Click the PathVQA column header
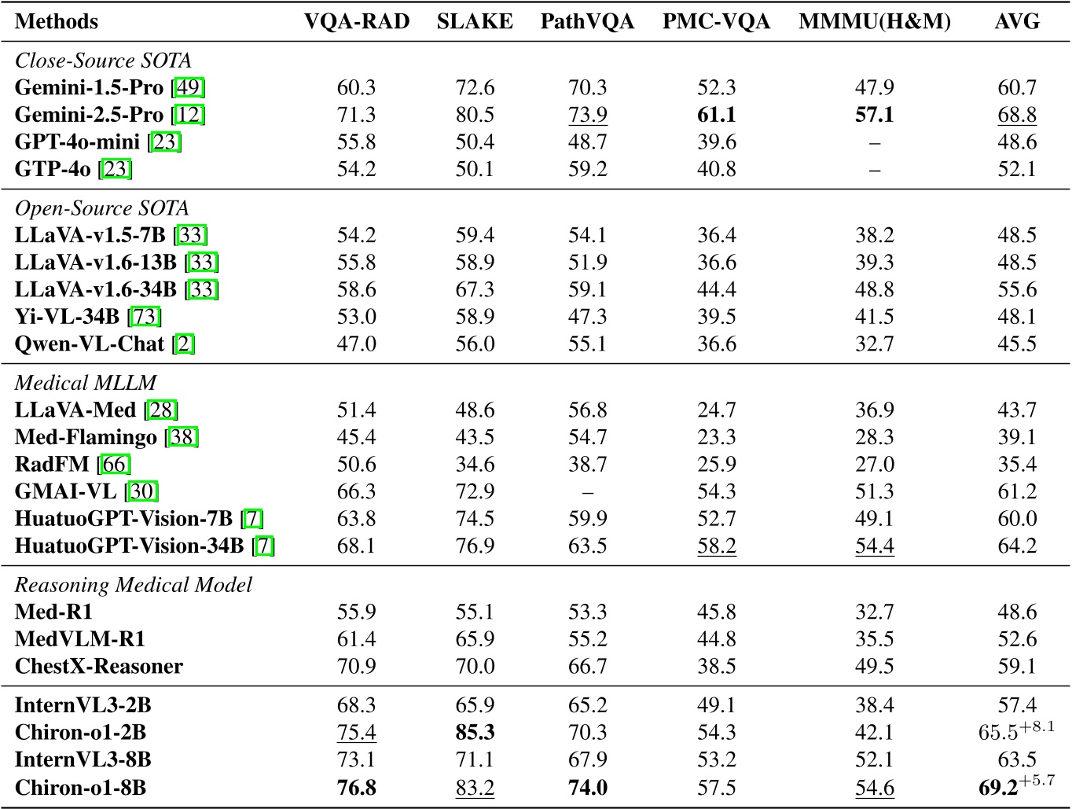[x=587, y=21]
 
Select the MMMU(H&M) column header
[x=875, y=21]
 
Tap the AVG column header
[x=1017, y=21]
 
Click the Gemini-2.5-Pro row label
[x=89, y=115]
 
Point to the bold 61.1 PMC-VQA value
[x=717, y=115]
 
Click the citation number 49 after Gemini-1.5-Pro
[x=189, y=87]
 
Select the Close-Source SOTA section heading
[x=103, y=61]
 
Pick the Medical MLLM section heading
[x=86, y=383]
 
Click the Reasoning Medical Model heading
[x=134, y=585]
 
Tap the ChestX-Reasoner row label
[x=99, y=667]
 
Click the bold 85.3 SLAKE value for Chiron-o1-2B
[x=475, y=733]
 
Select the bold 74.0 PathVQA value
[x=587, y=788]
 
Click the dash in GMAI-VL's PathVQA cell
[x=587, y=492]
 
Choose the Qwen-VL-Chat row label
[x=90, y=344]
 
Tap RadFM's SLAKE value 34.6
[x=475, y=465]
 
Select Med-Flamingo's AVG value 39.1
[x=1017, y=437]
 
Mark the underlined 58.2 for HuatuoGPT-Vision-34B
[x=717, y=546]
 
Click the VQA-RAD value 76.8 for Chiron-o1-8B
[x=356, y=788]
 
